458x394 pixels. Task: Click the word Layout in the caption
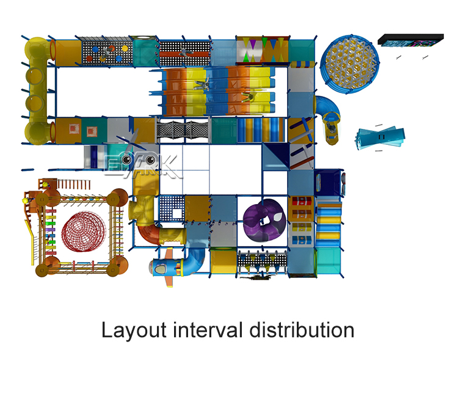[134, 330]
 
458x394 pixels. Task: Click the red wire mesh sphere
[84, 232]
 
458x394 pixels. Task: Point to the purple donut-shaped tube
[264, 220]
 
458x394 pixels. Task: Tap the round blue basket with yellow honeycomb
[350, 64]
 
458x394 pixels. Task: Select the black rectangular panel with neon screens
[410, 40]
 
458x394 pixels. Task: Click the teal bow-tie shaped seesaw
[380, 137]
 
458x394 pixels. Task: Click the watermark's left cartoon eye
[126, 159]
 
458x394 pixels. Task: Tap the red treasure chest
[302, 201]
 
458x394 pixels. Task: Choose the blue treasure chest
[302, 240]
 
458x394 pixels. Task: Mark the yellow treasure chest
[302, 227]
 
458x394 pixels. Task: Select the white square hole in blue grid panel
[177, 214]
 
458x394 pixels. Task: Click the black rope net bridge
[183, 131]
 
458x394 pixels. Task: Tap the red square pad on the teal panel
[92, 131]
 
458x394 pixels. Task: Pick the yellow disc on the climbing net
[125, 48]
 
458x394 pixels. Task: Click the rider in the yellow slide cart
[331, 128]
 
